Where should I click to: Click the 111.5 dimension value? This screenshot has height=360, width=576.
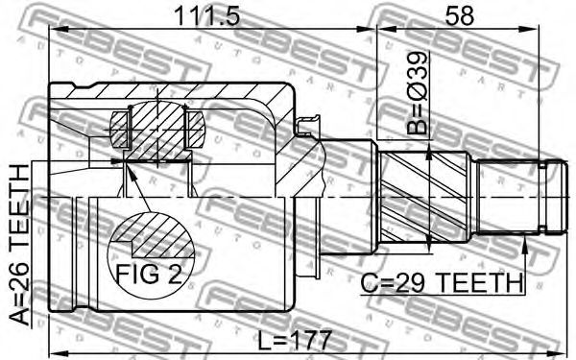click(207, 16)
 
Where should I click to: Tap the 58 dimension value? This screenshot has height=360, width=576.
click(459, 15)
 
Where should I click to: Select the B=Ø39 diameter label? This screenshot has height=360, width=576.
click(418, 92)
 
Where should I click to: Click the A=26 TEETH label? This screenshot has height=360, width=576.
click(19, 245)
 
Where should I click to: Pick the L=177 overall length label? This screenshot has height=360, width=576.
click(295, 340)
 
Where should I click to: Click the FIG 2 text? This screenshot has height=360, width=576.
click(149, 274)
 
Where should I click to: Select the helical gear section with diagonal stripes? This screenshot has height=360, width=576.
click(425, 199)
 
